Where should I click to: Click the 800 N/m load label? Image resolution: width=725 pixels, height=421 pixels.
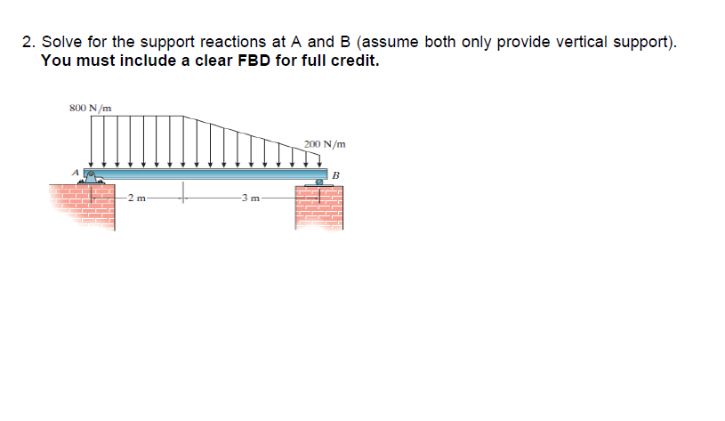tap(90, 109)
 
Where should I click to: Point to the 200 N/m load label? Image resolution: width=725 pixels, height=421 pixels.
tap(325, 144)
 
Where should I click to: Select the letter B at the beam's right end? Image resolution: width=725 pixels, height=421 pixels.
tap(336, 174)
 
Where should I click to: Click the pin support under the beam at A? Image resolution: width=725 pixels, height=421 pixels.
tap(91, 179)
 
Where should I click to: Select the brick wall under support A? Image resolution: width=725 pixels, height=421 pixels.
tap(84, 206)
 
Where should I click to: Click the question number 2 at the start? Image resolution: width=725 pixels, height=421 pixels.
tap(28, 42)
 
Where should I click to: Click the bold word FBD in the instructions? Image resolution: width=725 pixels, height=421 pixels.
tap(260, 61)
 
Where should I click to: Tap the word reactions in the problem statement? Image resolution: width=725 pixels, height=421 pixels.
tap(222, 42)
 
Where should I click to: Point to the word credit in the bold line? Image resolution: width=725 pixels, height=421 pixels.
tap(356, 61)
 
